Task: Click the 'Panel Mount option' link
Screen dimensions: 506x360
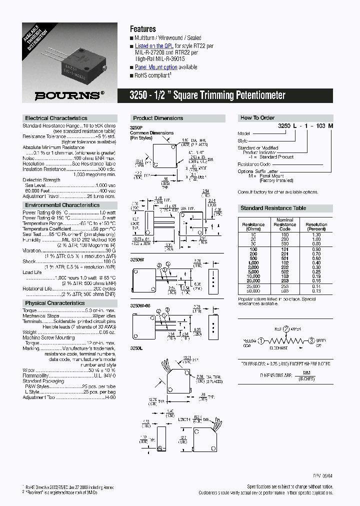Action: (x=156, y=67)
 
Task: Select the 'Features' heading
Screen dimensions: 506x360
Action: (x=143, y=29)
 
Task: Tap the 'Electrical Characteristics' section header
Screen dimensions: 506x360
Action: (x=56, y=118)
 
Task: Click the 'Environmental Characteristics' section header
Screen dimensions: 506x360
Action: (x=62, y=205)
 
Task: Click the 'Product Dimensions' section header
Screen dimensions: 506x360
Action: (x=158, y=118)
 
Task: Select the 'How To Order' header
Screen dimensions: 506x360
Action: (x=257, y=118)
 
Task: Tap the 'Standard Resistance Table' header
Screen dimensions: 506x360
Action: (x=273, y=208)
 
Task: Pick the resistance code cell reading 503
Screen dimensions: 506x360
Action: (x=285, y=290)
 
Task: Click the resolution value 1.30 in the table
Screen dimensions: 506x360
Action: (x=316, y=234)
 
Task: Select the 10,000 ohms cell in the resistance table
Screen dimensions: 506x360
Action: (x=253, y=276)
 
